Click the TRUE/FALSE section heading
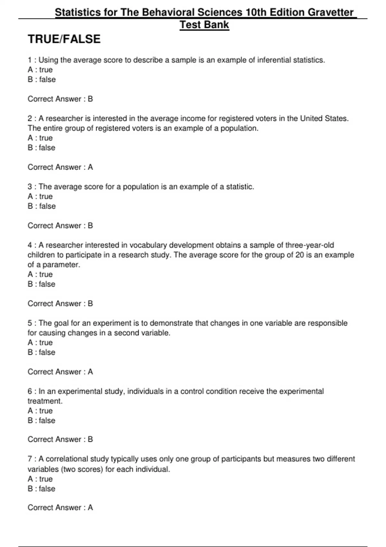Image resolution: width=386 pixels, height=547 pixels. [x=64, y=39]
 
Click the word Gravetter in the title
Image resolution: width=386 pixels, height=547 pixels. [x=331, y=12]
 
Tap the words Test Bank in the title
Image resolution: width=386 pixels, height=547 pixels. [x=204, y=25]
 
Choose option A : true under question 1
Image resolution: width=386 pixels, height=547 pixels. [x=40, y=70]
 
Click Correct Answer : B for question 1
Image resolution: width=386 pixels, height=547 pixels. [x=60, y=99]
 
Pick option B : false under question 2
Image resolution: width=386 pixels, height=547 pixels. [x=41, y=148]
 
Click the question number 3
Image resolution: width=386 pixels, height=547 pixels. [x=30, y=187]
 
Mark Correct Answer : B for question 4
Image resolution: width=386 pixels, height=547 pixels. [x=60, y=303]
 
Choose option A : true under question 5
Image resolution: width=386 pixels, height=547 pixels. [x=40, y=343]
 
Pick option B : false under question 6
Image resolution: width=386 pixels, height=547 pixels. [x=41, y=421]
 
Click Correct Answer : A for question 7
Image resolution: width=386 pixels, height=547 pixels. [x=60, y=507]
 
